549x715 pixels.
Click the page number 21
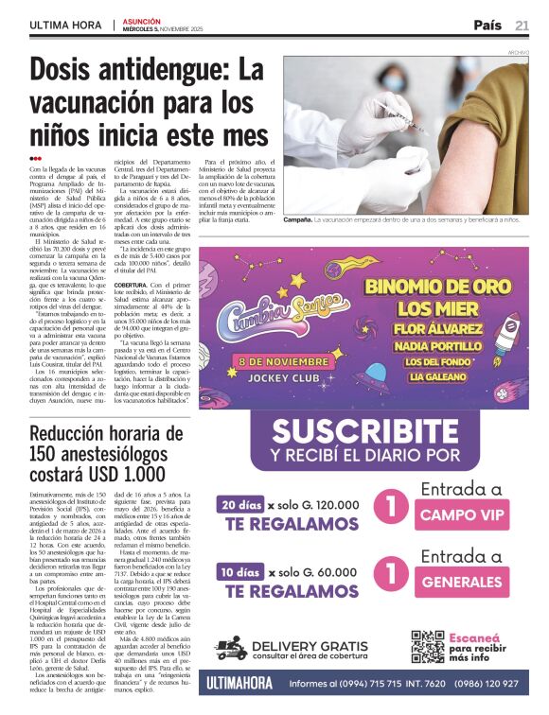click(522, 26)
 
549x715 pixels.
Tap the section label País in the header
click(487, 26)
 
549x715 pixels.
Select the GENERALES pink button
click(463, 583)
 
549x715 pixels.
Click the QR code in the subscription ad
click(427, 646)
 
